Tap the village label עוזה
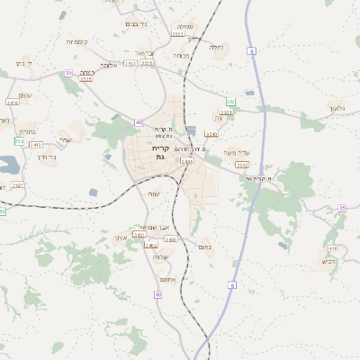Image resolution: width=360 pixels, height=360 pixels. point(154,193)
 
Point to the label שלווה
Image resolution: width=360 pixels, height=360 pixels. point(160,257)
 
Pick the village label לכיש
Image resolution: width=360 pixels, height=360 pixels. point(329,260)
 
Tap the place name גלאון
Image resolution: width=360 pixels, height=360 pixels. point(337,108)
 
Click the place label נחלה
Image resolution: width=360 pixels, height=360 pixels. point(216,47)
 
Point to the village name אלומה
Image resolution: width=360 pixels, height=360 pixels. point(109,65)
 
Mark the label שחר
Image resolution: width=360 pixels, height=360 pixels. point(65,139)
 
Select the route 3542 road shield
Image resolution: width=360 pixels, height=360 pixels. point(242,165)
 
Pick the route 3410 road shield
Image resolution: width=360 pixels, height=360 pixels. point(331,247)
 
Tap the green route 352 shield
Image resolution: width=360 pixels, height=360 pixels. point(19,141)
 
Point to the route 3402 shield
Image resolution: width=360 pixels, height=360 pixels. point(151,245)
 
